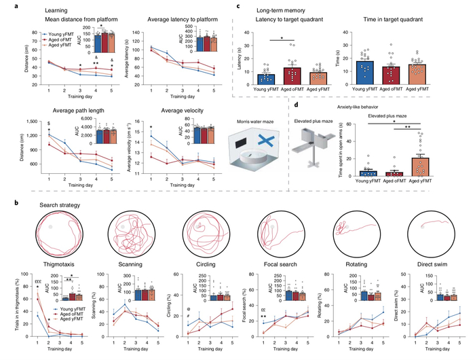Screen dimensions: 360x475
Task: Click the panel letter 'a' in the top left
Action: click(x=5, y=6)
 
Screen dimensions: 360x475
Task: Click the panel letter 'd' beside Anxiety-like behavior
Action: click(x=240, y=105)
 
